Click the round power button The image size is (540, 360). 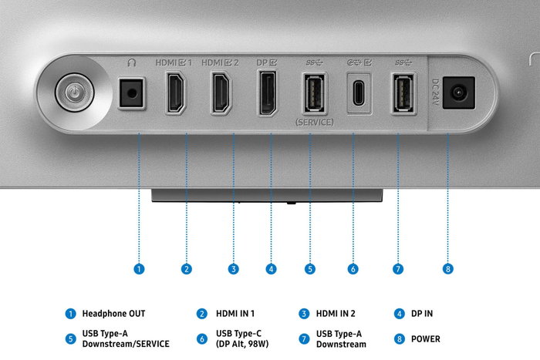pos(74,93)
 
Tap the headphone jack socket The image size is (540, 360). pos(131,93)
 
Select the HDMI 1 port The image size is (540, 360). pos(176,93)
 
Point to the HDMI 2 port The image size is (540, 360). pos(221,93)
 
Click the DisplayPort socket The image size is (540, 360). pos(268,93)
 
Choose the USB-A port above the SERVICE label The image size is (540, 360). pos(314,93)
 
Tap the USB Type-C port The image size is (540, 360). pos(359,93)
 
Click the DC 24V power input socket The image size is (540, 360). pos(458,93)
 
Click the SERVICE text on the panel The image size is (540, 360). pos(314,122)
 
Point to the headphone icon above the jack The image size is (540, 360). pos(132,62)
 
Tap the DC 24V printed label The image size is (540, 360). pos(435,92)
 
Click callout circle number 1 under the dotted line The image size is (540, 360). pos(139,269)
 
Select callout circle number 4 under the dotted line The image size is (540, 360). pos(271,269)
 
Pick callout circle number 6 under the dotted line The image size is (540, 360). pos(353,269)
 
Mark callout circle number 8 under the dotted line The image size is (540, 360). pos(448,269)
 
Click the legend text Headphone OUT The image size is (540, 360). pos(113,314)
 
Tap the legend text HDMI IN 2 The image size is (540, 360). pos(336,314)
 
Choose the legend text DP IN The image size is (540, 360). pos(422,314)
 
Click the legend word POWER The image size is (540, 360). pos(426,339)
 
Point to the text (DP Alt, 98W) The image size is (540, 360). pos(242,344)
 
